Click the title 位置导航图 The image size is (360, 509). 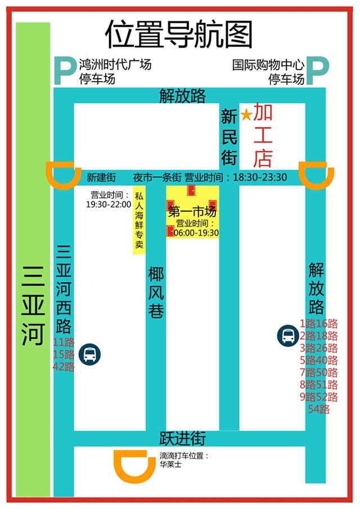tap(179, 35)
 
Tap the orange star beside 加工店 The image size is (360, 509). tap(246, 115)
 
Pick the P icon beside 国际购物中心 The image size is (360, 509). tap(317, 71)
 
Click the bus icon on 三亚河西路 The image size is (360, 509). tap(90, 354)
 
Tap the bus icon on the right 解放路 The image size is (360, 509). tap(287, 336)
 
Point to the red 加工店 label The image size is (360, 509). tap(262, 136)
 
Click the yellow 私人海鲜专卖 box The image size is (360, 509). tap(139, 221)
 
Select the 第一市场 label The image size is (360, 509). tap(192, 212)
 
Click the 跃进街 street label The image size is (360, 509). tap(182, 438)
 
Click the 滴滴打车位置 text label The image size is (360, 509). tap(184, 456)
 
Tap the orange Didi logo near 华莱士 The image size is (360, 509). tap(135, 465)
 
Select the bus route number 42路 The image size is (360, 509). tap(63, 367)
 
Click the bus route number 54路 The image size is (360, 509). tap(319, 409)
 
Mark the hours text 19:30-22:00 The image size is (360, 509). tap(108, 205)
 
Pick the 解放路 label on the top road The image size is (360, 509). tap(182, 96)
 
